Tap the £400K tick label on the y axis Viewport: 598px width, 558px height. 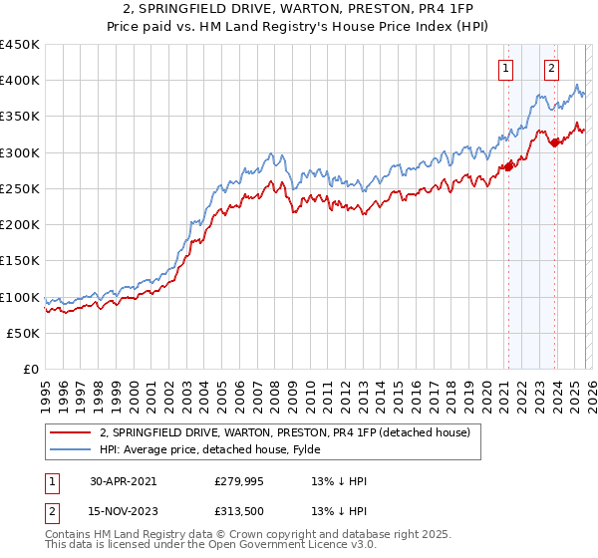[20, 81]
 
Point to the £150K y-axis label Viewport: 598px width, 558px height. [20, 261]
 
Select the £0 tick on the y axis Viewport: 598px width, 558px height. [32, 370]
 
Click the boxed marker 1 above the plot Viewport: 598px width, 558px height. [506, 69]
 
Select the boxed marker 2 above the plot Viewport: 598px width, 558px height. [551, 69]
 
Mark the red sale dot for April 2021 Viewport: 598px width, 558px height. [507, 166]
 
